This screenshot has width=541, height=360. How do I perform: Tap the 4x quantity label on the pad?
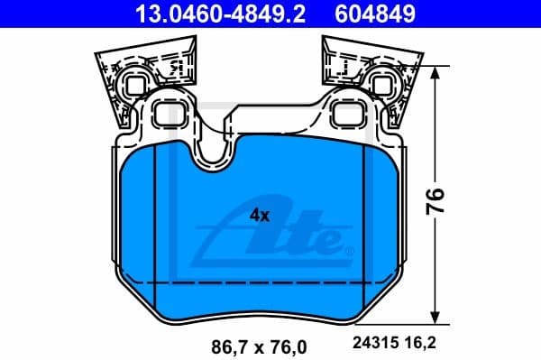point(260,217)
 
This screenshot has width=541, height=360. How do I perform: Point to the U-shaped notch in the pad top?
point(214,153)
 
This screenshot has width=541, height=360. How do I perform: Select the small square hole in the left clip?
point(133,86)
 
